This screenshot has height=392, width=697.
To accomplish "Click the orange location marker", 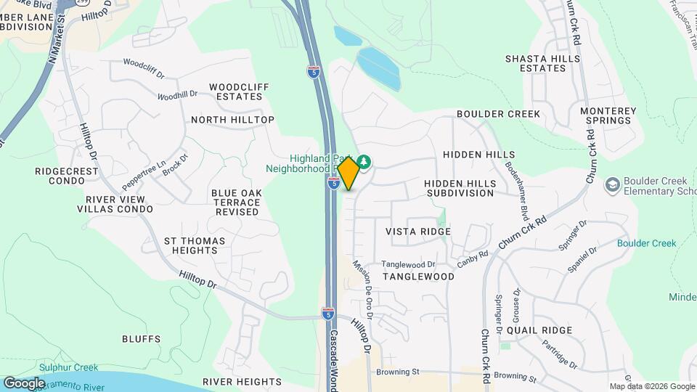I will pyautogui.click(x=348, y=173).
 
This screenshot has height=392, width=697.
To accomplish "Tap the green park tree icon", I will pyautogui.click(x=364, y=160).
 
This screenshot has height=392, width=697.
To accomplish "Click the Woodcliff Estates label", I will pyautogui.click(x=239, y=91).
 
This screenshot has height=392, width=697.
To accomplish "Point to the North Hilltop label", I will pyautogui.click(x=232, y=119).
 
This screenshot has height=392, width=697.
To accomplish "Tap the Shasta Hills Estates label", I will pyautogui.click(x=536, y=63).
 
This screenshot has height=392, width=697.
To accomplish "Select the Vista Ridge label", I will pyautogui.click(x=418, y=231).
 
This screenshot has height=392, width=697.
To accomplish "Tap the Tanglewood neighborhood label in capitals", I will pyautogui.click(x=418, y=277).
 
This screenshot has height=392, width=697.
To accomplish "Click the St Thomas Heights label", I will pyautogui.click(x=195, y=245).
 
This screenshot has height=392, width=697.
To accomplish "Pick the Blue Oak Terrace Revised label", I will pyautogui.click(x=237, y=202).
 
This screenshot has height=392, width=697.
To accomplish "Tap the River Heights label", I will pyautogui.click(x=242, y=381).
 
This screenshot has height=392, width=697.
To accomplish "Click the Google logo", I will pyautogui.click(x=24, y=383).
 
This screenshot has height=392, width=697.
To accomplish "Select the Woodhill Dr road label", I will pyautogui.click(x=177, y=95).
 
